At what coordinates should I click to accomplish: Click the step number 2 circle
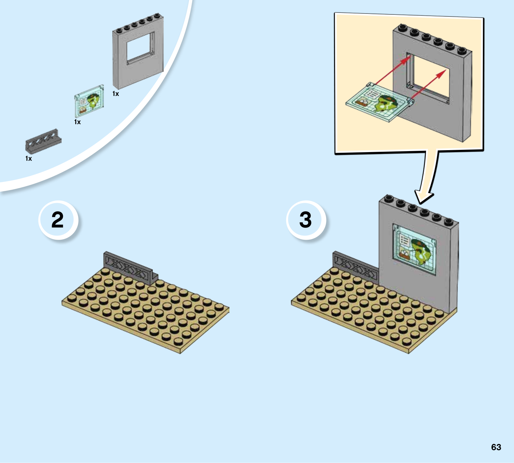click(x=58, y=220)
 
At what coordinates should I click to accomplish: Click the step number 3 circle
click(x=306, y=220)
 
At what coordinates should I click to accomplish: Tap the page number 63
click(x=496, y=447)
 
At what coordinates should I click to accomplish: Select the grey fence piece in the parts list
click(x=43, y=141)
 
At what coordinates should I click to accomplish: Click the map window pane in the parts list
click(x=89, y=101)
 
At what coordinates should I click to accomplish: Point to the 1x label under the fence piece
click(x=29, y=159)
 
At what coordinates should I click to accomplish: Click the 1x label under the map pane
click(x=77, y=122)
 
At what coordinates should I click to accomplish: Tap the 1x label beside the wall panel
click(x=116, y=94)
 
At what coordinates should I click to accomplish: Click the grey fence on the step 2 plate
click(x=130, y=268)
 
